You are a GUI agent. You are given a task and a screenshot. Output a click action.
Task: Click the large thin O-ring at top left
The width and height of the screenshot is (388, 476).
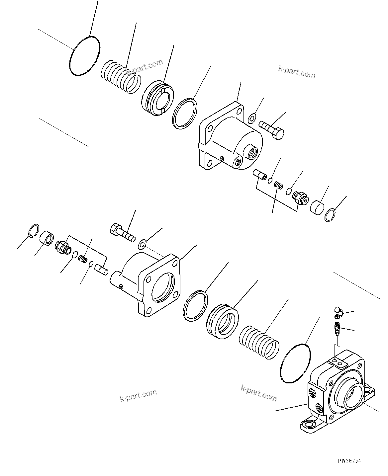pos(84,56)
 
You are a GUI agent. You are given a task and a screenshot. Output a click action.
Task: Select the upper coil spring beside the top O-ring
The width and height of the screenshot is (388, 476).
pos(120,76)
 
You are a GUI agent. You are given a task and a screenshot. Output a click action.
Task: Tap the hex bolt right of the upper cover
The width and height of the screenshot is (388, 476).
pos(272,130)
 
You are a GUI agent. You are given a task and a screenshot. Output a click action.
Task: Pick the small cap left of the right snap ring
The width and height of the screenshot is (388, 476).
pos(317,206)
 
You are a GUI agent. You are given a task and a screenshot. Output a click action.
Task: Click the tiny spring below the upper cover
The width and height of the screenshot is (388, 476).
pos(278,187)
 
